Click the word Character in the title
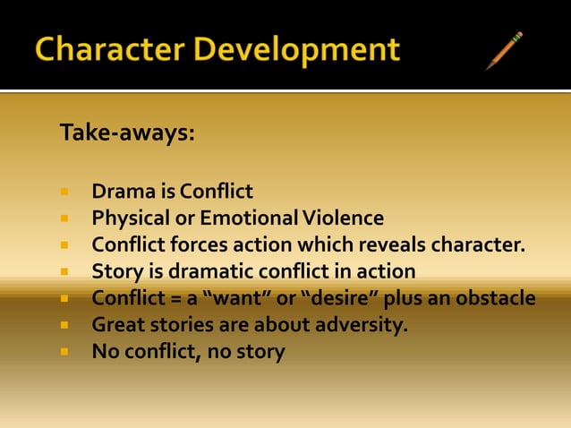coord(102,49)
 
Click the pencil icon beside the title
coord(504,50)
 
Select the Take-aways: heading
coord(127,133)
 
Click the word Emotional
coord(248,218)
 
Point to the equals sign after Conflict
coord(166,297)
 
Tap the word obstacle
coord(493,297)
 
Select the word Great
coord(118,324)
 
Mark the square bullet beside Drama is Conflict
coord(65,192)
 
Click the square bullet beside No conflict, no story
coord(65,352)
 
